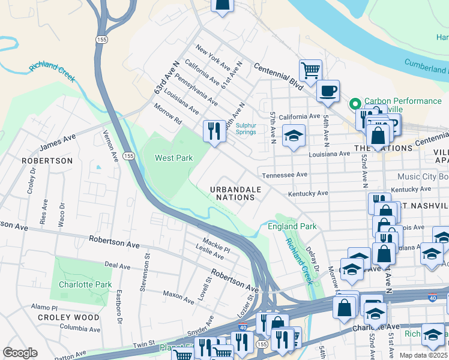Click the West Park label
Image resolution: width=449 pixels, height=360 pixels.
coord(174,158)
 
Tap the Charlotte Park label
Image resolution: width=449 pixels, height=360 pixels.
coord(85,284)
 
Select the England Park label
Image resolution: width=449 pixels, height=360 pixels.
coord(292,226)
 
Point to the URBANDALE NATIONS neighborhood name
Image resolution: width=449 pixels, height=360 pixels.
coord(236,193)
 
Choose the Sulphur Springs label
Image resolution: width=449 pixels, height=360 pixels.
coord(246,129)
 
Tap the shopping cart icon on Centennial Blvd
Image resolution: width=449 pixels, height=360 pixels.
coord(310,70)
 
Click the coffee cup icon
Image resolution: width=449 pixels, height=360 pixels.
coord(328,91)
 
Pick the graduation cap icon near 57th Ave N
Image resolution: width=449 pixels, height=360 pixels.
coord(294,136)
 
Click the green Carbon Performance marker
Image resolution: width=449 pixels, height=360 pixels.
coord(355,102)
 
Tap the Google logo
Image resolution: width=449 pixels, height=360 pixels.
coord(20,352)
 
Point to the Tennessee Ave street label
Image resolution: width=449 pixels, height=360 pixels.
coord(285,175)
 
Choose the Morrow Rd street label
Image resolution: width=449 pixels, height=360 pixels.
coord(167,113)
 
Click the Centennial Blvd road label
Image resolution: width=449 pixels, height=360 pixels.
coord(279,76)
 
